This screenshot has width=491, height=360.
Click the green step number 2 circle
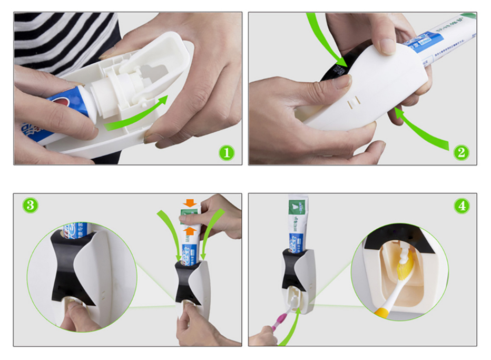coord(461,153)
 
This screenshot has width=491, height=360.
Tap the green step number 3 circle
coord(31,205)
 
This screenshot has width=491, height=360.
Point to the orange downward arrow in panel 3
coord(188,203)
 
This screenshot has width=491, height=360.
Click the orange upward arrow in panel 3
coord(188,230)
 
